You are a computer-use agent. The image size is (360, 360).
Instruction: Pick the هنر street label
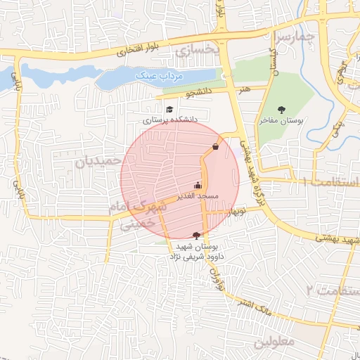pos(244,89)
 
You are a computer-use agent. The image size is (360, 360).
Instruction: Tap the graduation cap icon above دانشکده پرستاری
pos(169,109)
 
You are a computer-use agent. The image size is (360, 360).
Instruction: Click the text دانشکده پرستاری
pos(171,120)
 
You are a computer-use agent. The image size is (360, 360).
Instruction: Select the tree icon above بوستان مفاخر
pos(282,109)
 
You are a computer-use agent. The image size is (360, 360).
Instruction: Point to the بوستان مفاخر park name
pos(280,121)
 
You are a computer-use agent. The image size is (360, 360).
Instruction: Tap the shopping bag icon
pos(214,146)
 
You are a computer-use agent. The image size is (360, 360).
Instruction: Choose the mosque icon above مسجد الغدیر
pos(198,186)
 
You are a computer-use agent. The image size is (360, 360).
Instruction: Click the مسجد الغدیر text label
pos(198,195)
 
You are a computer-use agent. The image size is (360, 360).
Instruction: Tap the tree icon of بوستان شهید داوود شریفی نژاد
pos(196,235)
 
